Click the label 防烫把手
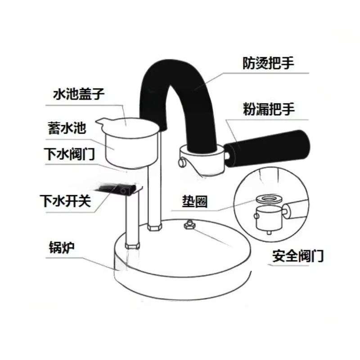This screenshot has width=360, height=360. tap(268, 63)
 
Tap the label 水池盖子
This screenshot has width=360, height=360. tap(79, 94)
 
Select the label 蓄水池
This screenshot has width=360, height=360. tap(67, 128)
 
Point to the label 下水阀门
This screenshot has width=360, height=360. tap(69, 154)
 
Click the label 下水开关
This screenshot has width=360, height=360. tap(65, 201)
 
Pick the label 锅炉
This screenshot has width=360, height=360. tap(62, 247)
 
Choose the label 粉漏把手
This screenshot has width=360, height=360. tap(269, 109)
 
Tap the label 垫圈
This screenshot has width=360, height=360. tap(195, 202)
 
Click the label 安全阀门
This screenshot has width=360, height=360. tap(298, 256)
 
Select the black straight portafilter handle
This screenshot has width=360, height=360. tap(266, 147)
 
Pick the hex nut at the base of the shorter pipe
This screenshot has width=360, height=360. tap(132, 246)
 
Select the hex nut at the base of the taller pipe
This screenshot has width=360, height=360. tap(155, 227)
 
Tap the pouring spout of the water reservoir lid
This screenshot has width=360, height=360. tap(101, 121)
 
